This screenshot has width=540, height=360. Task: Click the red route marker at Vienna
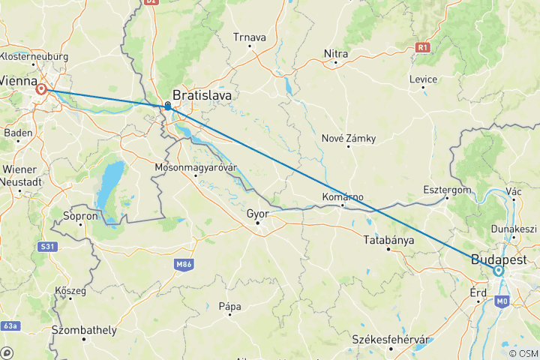point(41,90)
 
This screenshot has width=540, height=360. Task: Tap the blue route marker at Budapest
point(499,271)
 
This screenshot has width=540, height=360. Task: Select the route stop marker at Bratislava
point(167,106)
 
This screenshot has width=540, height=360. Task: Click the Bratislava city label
point(202,96)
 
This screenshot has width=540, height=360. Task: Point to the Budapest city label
point(499,259)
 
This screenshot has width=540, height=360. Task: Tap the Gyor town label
point(257,213)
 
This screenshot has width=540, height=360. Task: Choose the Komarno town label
point(343,197)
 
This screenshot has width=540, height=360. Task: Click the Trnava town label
point(250,37)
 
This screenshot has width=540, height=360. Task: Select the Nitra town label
point(335,53)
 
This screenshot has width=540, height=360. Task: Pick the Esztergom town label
point(447,190)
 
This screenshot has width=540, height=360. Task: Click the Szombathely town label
point(84,330)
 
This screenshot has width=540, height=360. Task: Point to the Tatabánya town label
point(388,240)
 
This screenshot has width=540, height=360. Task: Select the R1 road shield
point(423,47)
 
